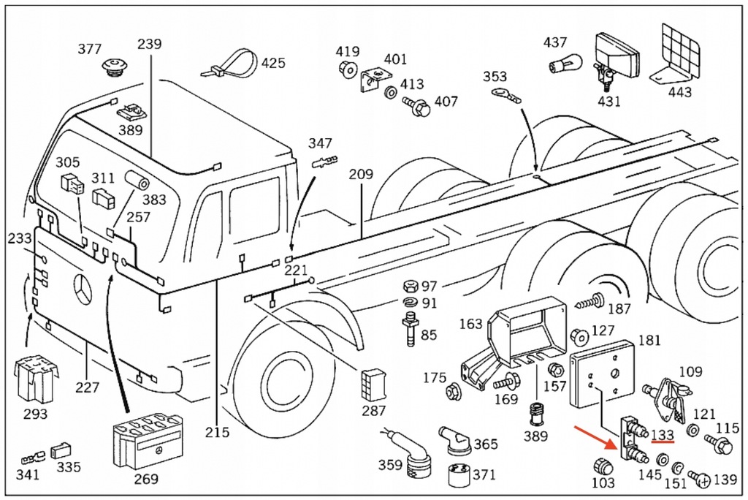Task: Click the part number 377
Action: [90, 50]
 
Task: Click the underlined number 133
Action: [662, 435]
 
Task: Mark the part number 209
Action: [361, 175]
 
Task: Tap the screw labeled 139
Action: [699, 479]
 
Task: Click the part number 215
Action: [217, 431]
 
